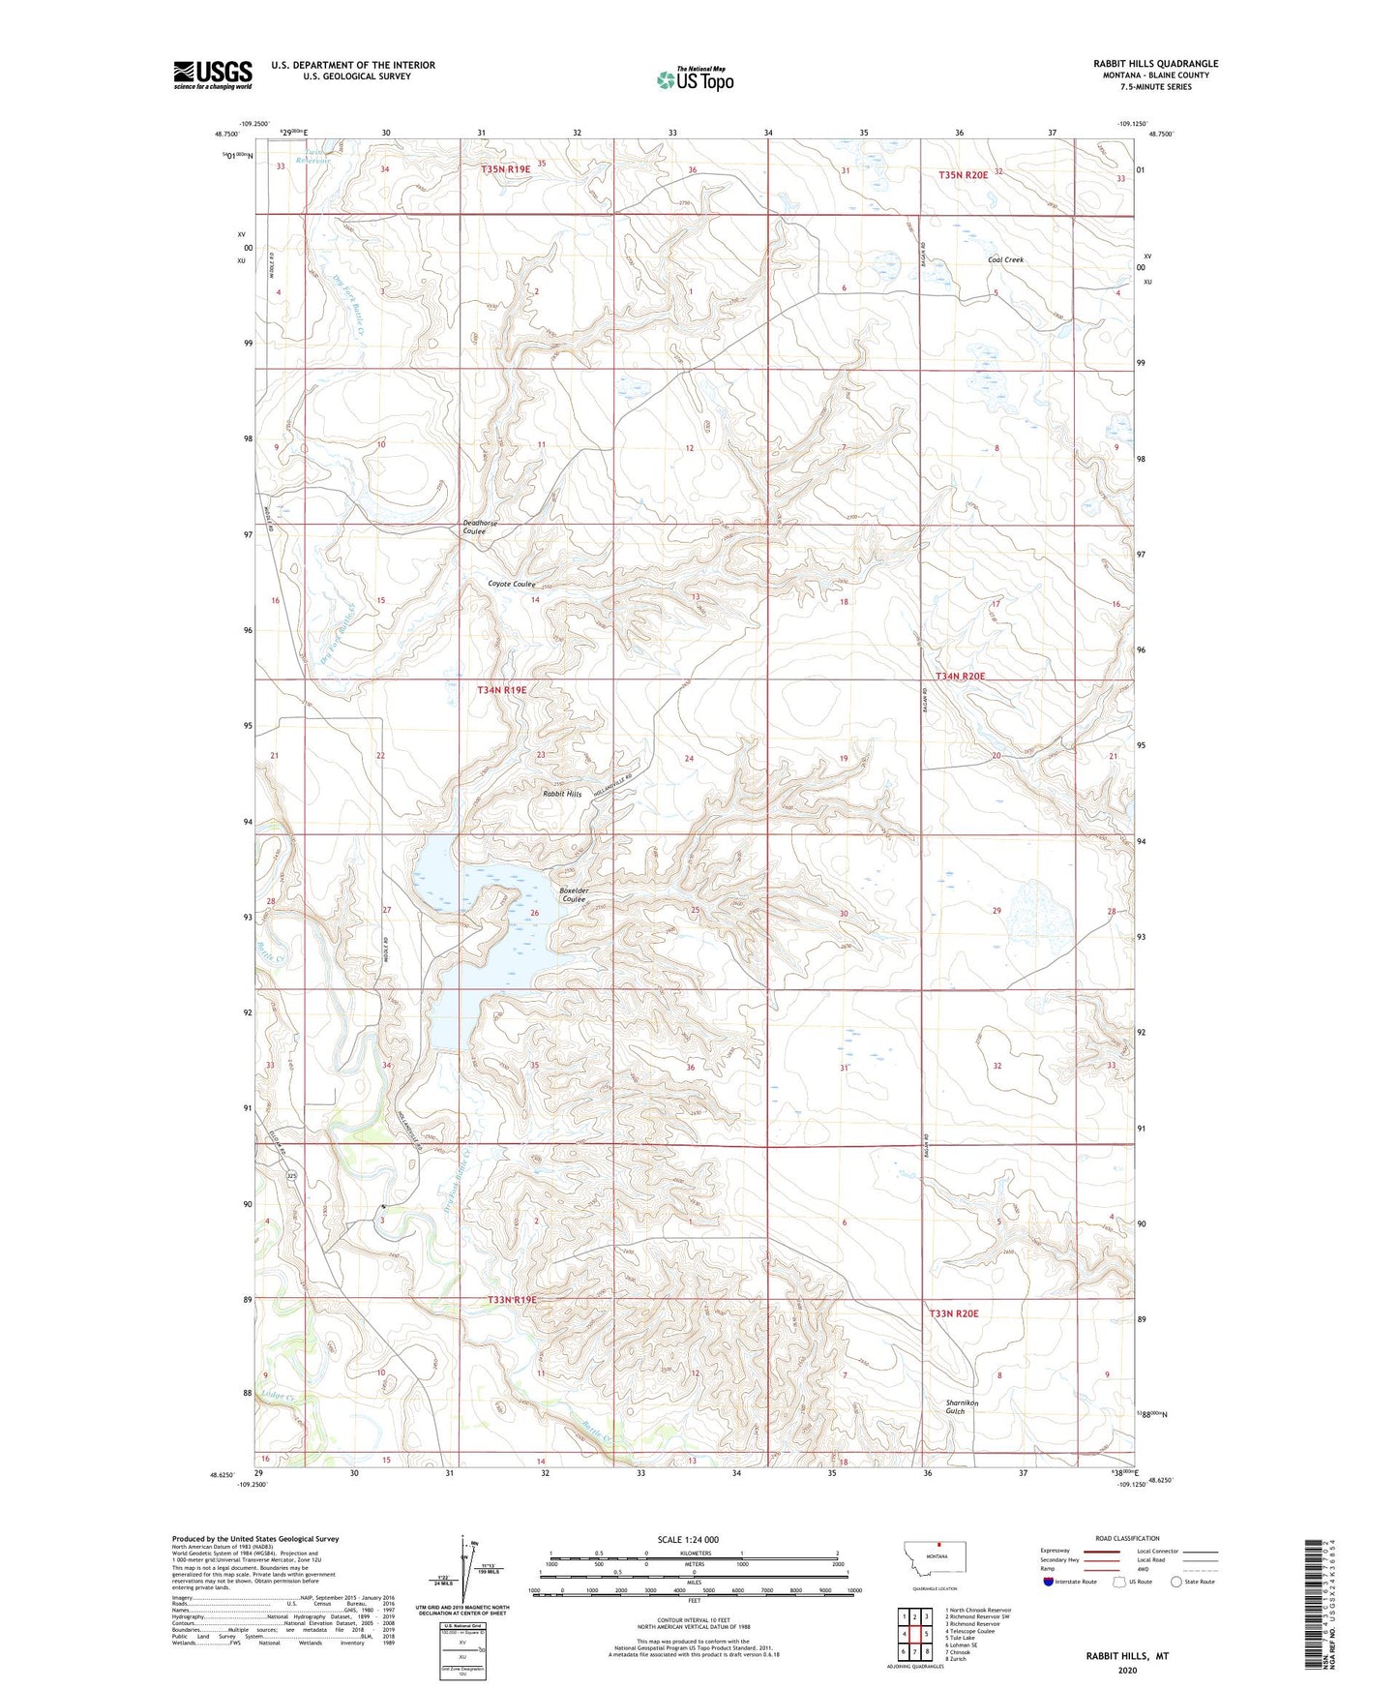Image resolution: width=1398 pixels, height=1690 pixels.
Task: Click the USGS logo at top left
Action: (212, 75)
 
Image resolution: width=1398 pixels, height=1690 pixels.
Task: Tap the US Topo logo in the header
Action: (694, 79)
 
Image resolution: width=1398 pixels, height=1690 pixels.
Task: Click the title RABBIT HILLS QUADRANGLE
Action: (1155, 64)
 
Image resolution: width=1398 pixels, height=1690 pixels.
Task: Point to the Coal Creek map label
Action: (1005, 260)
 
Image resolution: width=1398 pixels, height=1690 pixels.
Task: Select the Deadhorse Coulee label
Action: (480, 527)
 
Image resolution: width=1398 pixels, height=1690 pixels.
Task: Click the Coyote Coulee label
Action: (511, 585)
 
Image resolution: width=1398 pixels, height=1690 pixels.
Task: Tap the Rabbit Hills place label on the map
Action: (561, 794)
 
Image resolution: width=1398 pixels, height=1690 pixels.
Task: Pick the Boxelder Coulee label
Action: (574, 895)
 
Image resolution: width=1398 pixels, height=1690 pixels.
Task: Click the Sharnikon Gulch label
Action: (962, 1407)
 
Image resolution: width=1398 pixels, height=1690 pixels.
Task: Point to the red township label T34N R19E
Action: (502, 690)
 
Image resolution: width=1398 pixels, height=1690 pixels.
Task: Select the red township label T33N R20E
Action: (954, 1313)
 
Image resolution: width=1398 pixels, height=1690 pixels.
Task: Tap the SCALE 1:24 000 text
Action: (688, 1540)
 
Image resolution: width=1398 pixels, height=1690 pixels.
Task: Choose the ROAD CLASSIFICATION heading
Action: (1127, 1538)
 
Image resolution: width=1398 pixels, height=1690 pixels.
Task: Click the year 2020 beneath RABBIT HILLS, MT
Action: (1127, 1670)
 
